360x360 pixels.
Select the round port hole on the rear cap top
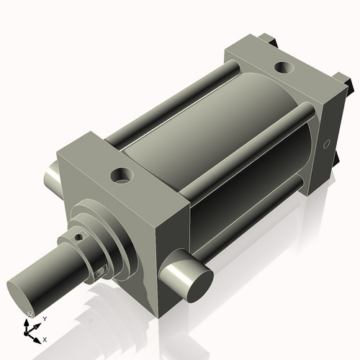pos(284,69)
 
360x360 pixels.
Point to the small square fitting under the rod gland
pos(102,271)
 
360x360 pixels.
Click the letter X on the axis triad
pos(45,339)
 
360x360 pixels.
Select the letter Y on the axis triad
pos(44,318)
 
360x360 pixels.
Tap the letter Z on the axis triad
pos(30,315)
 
